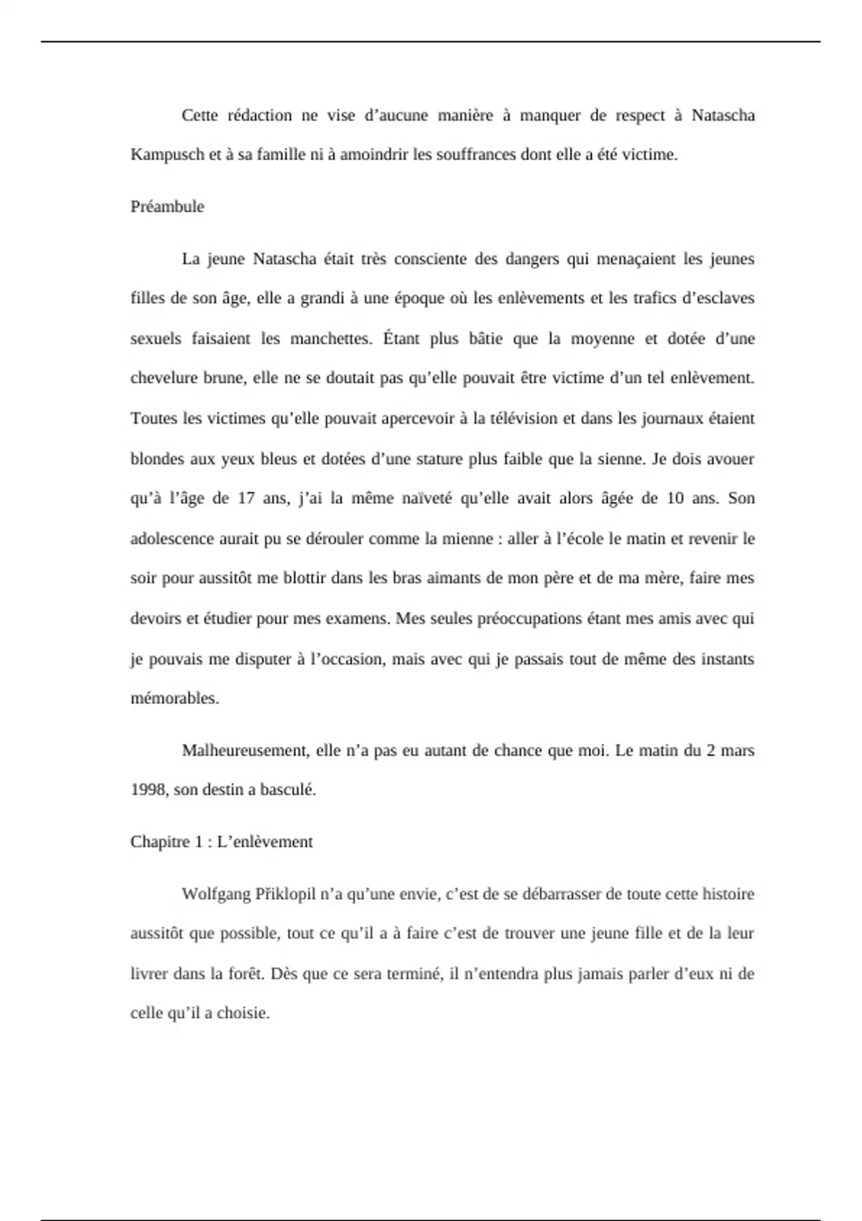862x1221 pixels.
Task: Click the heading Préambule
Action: [167, 207]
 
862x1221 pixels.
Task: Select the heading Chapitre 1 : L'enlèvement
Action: [221, 842]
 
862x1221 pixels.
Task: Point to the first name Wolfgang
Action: [215, 894]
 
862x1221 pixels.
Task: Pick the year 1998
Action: [148, 790]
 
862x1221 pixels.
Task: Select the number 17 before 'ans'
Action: [246, 498]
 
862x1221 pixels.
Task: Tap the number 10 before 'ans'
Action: [675, 498]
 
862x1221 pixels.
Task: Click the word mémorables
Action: [175, 698]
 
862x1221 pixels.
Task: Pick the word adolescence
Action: [172, 539]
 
